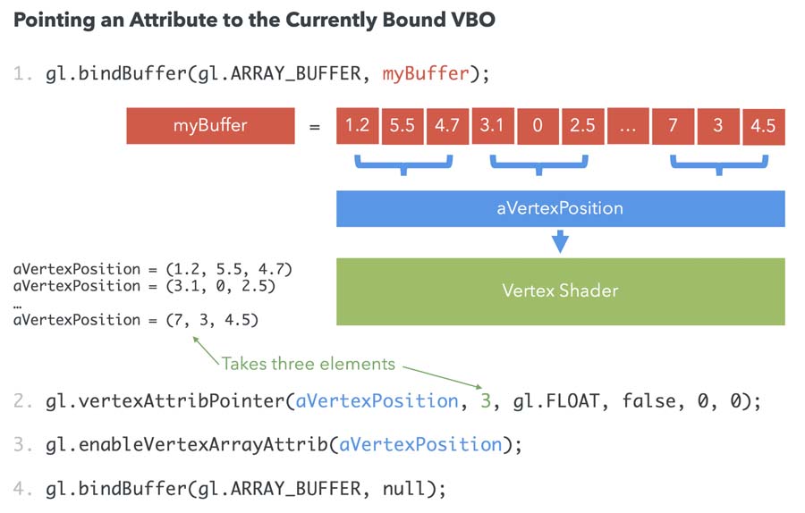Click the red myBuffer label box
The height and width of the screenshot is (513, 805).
pos(210,126)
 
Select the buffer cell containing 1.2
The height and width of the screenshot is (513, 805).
pos(357,126)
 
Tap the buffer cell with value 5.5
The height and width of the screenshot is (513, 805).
pos(402,126)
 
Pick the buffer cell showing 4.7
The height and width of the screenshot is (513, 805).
pos(447,126)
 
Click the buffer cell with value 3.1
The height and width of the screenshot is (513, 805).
pos(493,126)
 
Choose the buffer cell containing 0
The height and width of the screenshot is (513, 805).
pos(538,126)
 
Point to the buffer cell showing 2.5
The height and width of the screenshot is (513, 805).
pos(583,126)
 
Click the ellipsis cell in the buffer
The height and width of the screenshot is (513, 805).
pos(628,126)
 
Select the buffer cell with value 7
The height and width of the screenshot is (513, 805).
pos(673,126)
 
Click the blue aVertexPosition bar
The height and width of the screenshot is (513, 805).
pos(560,208)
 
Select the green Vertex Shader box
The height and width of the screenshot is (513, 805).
pos(560,291)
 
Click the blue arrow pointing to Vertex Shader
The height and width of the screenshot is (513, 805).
pos(560,240)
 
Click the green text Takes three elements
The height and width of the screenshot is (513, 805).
pos(308,364)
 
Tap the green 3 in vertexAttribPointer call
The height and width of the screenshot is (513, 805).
pos(486,401)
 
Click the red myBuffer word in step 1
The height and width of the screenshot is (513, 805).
pos(425,74)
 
